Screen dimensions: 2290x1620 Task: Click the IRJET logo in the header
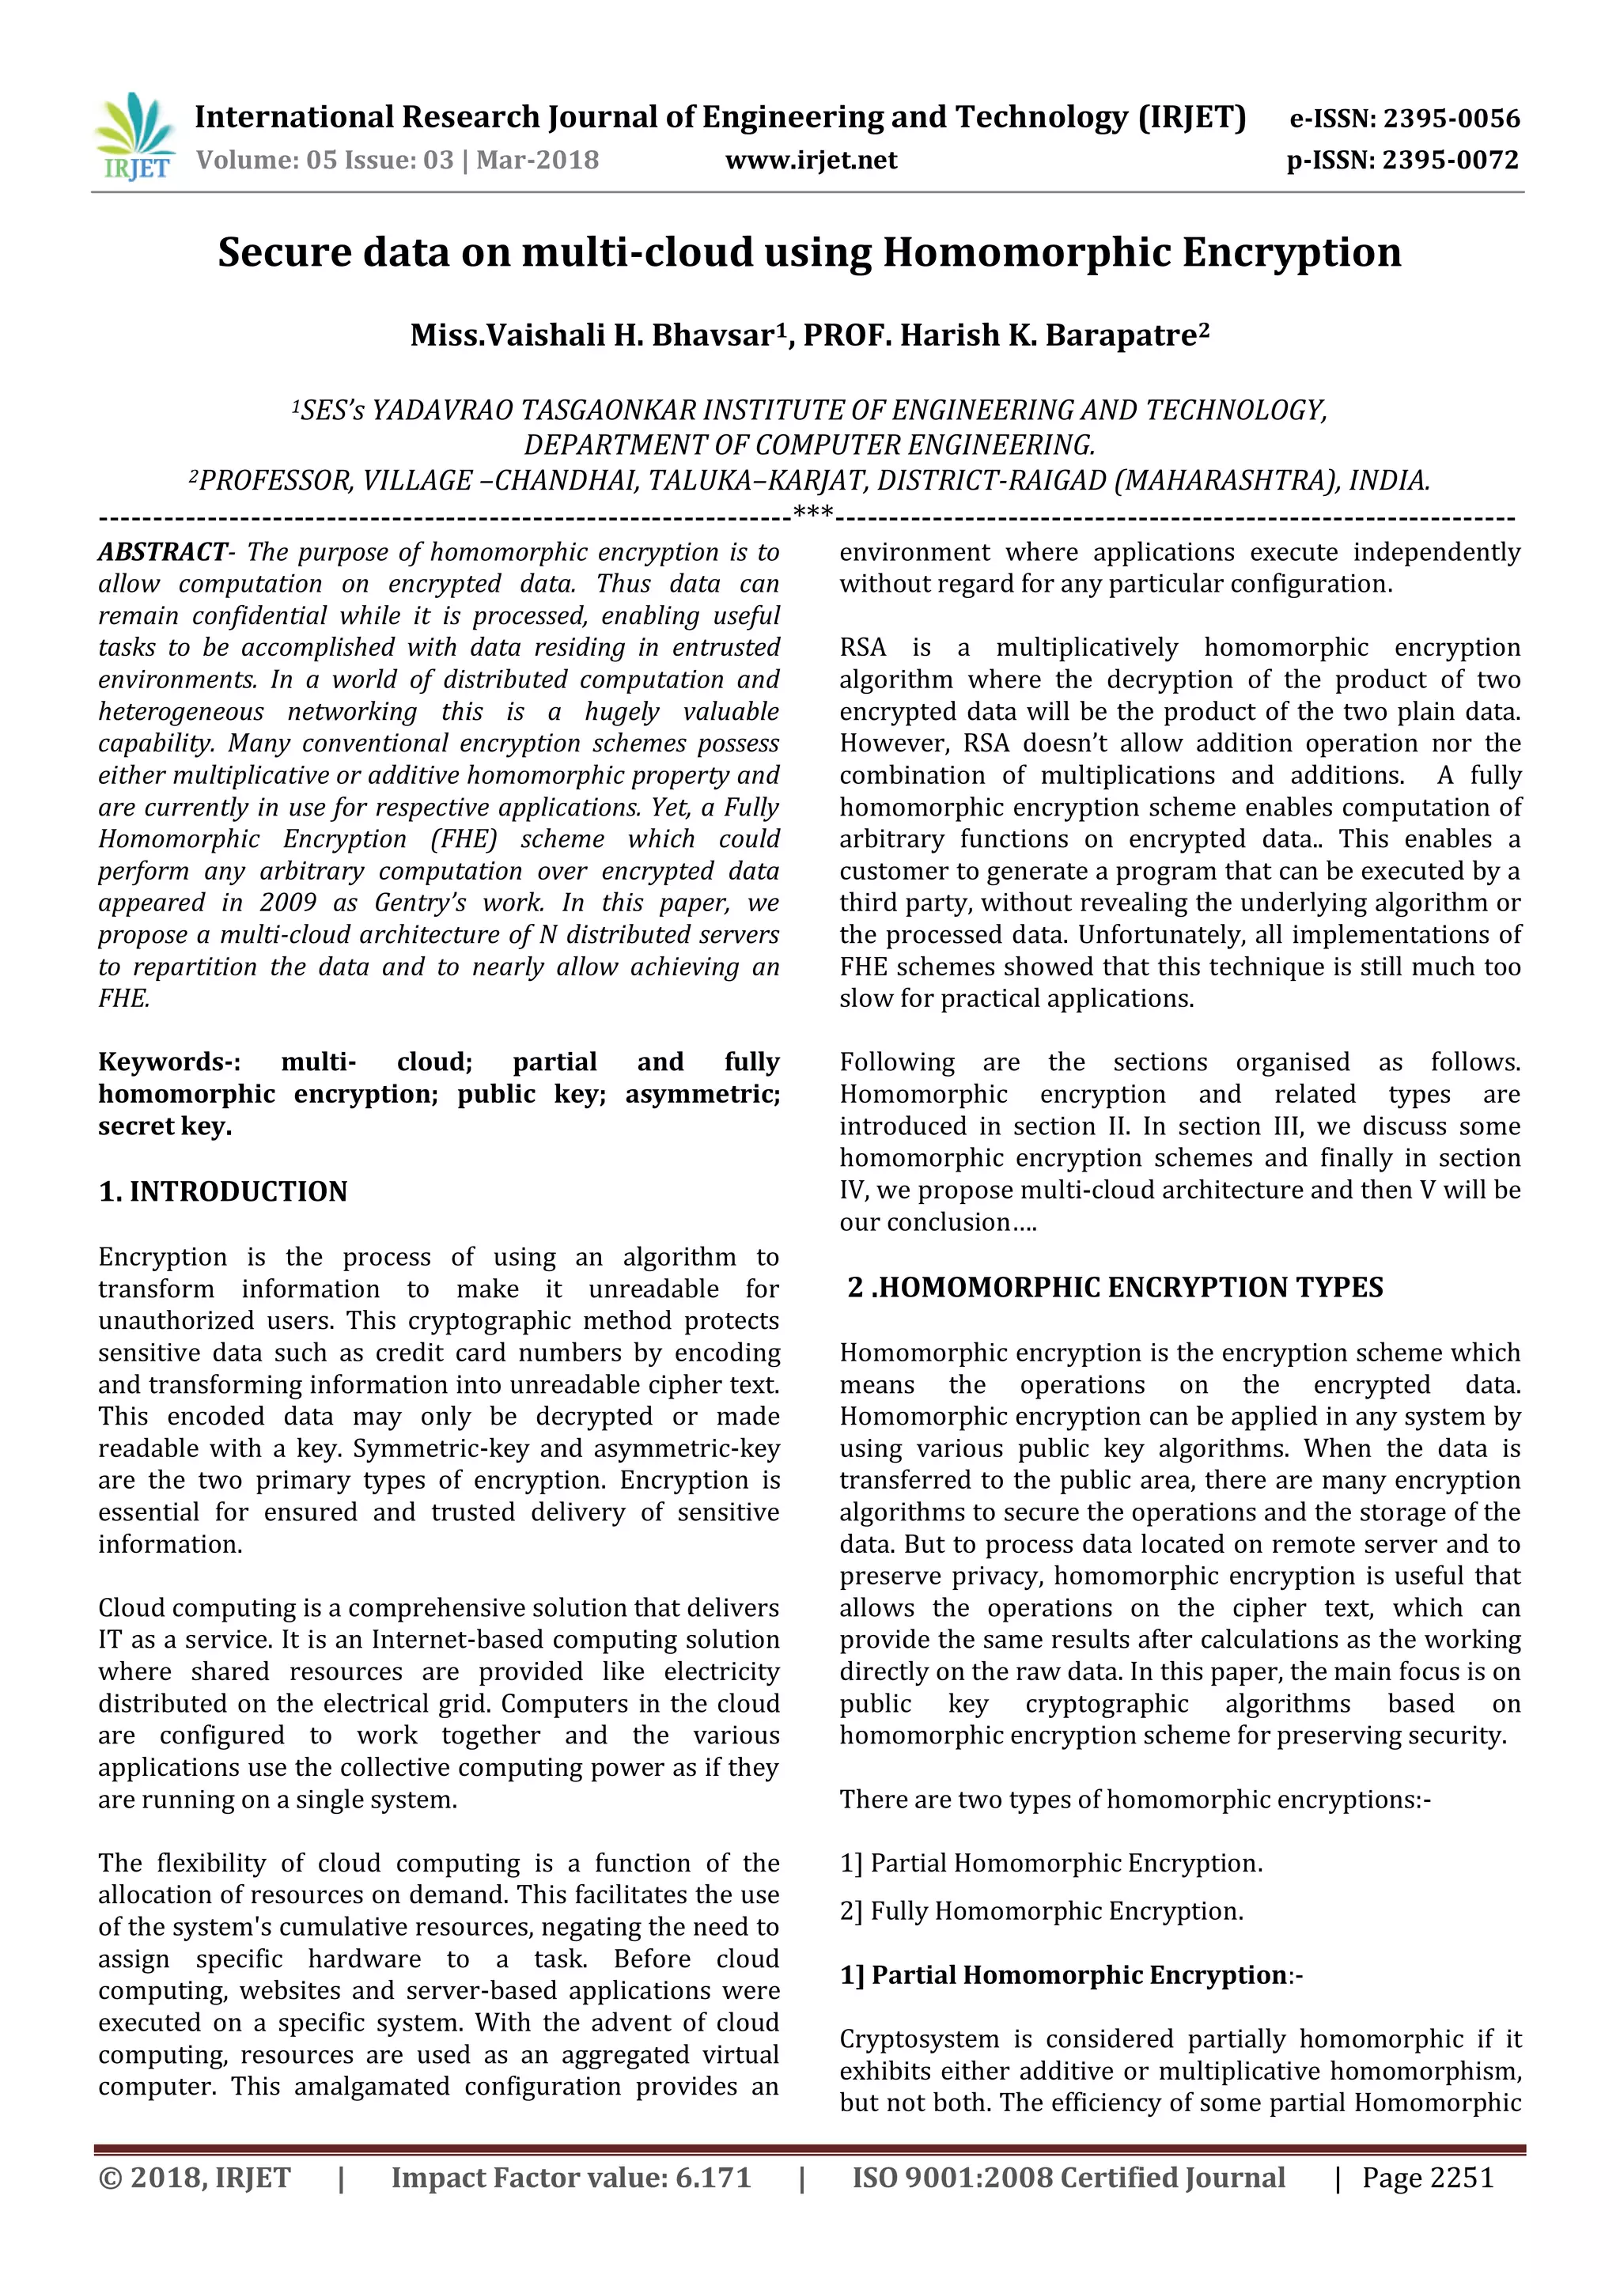click(134, 137)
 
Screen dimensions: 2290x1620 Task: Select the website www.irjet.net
click(811, 160)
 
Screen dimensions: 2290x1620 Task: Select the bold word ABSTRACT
click(161, 553)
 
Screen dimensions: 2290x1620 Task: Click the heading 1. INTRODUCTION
click(222, 1192)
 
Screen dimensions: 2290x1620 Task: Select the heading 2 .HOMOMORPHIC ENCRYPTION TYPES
click(1115, 1288)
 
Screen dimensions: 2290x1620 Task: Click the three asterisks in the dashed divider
click(812, 515)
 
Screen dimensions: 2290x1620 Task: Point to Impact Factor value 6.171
click(570, 2178)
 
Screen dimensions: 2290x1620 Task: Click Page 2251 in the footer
click(1428, 2178)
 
